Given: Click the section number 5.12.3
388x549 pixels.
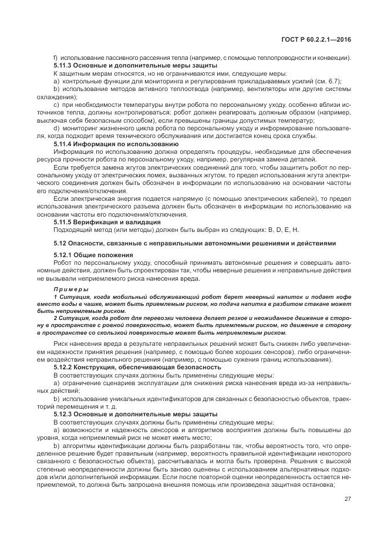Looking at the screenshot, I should point(64,414).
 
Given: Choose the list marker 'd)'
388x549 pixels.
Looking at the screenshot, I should point(56,128).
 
